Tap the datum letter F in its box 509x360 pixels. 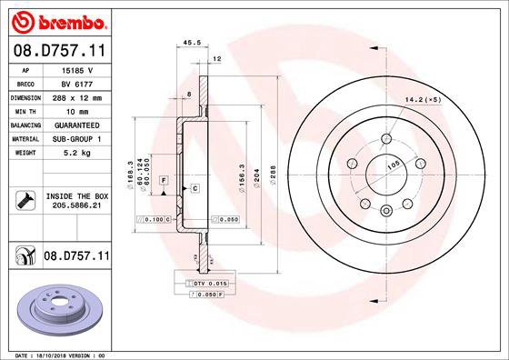163,180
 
